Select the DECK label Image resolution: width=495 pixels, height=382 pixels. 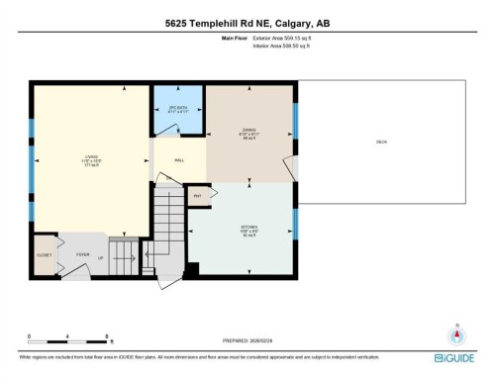coord(381,143)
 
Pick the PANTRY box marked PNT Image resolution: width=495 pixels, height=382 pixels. coord(197,196)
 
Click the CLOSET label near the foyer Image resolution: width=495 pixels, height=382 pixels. coord(44,253)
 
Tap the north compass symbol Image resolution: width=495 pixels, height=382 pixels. coord(456,334)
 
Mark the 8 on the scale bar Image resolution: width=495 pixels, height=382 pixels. coord(107,337)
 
